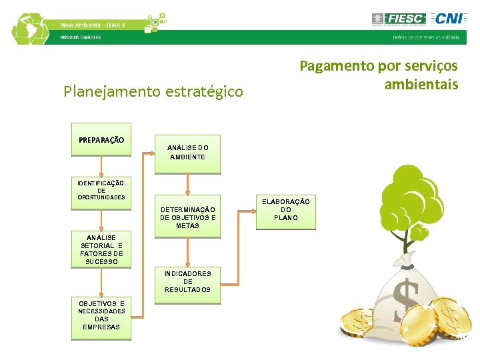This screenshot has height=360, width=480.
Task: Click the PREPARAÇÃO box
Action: (x=101, y=140)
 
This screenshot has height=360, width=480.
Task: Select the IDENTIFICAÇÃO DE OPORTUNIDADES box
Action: (x=101, y=190)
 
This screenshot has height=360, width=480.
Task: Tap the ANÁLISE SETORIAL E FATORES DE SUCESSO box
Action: (x=101, y=249)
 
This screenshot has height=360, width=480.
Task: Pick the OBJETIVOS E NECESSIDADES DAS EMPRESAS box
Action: (x=101, y=315)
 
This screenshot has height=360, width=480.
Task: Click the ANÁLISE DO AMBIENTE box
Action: (x=187, y=152)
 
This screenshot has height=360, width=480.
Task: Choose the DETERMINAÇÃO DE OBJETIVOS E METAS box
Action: (x=187, y=217)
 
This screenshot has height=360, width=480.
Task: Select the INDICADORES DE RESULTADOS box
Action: (x=187, y=281)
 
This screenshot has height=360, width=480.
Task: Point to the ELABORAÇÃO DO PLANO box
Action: (x=285, y=210)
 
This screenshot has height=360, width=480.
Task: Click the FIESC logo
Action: (x=398, y=19)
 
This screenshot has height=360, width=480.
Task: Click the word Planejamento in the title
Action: (x=107, y=91)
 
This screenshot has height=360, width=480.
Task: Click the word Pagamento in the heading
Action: (x=337, y=66)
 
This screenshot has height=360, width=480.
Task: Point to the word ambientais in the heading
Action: (x=421, y=85)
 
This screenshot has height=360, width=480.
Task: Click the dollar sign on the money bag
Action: (x=406, y=300)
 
